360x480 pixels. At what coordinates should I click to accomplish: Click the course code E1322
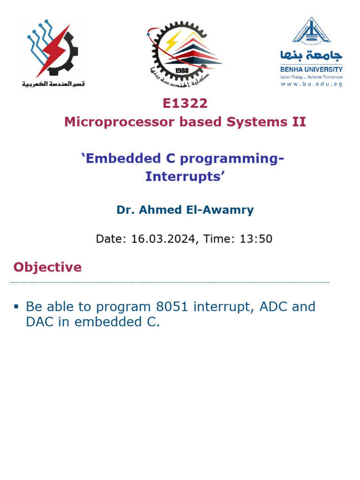(x=185, y=103)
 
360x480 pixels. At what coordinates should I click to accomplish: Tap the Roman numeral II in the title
(x=299, y=122)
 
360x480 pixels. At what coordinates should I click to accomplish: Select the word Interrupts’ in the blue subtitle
(x=182, y=177)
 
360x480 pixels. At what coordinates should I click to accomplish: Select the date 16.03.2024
(x=163, y=239)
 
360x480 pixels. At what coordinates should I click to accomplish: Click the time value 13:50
(x=256, y=239)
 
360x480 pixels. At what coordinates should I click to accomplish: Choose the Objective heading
(x=47, y=267)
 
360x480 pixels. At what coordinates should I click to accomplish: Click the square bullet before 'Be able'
(x=16, y=307)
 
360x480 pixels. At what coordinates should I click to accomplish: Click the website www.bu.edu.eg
(x=311, y=84)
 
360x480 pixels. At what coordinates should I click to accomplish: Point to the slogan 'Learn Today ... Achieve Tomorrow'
(x=311, y=77)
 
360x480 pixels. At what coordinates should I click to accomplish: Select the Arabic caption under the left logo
(x=52, y=84)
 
